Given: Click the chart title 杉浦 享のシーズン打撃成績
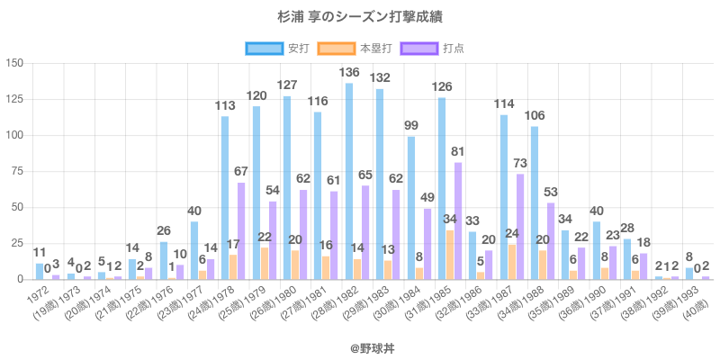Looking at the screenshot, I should click(x=359, y=17).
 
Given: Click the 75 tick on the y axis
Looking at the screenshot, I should click(x=16, y=171).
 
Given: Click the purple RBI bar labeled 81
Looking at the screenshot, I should click(x=458, y=221).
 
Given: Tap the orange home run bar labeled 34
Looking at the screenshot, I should click(x=450, y=256).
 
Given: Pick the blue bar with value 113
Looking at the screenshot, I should click(x=225, y=198).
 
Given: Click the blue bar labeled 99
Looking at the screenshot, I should click(x=411, y=208).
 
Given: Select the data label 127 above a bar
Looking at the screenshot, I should click(x=286, y=85).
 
